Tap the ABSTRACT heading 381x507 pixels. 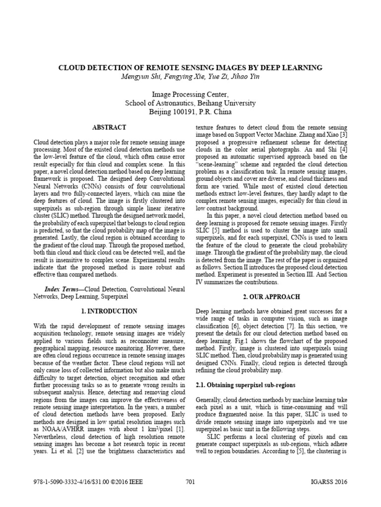coord(109,127)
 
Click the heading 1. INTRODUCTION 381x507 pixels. coord(109,311)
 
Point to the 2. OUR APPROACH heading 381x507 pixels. coord(272,297)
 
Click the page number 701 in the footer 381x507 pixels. coord(190,482)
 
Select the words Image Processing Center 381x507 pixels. coord(190,94)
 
